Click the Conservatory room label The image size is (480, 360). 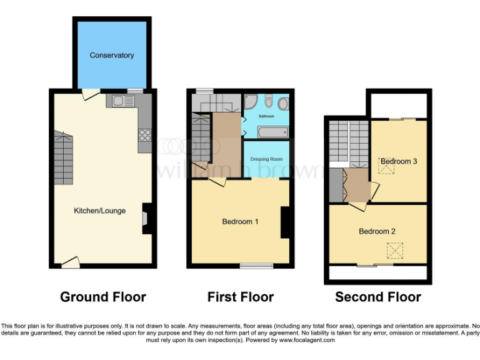(111, 55)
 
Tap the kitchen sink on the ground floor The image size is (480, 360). (118, 101)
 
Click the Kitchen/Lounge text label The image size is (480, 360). (100, 211)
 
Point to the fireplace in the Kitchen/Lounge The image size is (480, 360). (146, 219)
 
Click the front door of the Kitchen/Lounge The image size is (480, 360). (70, 262)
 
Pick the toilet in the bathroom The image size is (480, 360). (268, 101)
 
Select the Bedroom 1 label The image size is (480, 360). (240, 221)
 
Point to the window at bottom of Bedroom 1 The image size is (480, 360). (256, 266)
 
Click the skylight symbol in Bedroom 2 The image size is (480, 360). (395, 251)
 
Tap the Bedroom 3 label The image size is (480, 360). (399, 161)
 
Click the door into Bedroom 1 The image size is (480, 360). (217, 182)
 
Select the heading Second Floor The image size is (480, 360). (377, 297)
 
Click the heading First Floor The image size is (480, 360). (241, 297)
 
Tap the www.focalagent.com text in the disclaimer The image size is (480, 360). (307, 341)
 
